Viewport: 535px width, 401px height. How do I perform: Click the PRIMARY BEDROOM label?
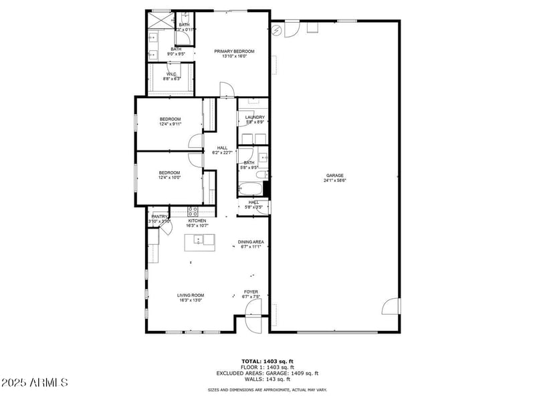point(230,51)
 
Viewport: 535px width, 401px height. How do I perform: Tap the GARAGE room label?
point(335,176)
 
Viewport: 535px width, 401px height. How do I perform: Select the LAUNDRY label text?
point(255,117)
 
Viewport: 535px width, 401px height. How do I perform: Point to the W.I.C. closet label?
point(171,74)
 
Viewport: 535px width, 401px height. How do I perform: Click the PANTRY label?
point(159,217)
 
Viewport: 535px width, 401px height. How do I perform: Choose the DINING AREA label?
point(251,242)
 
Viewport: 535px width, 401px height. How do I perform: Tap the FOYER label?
point(251,291)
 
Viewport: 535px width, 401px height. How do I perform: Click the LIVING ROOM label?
point(191,295)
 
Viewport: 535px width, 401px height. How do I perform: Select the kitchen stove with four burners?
point(194,211)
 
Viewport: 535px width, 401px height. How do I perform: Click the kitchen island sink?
point(200,239)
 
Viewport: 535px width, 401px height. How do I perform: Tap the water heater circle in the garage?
point(278,29)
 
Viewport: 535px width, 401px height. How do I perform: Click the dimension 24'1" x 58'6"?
point(335,180)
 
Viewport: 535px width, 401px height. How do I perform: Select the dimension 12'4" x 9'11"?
point(170,124)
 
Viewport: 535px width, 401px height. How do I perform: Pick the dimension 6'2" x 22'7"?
point(222,153)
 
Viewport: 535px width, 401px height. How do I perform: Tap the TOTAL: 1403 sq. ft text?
point(267,362)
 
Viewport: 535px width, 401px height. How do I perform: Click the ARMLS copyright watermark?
point(35,382)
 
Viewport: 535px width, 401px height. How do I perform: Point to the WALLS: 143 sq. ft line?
point(267,380)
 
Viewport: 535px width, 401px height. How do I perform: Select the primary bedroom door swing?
point(227,89)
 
